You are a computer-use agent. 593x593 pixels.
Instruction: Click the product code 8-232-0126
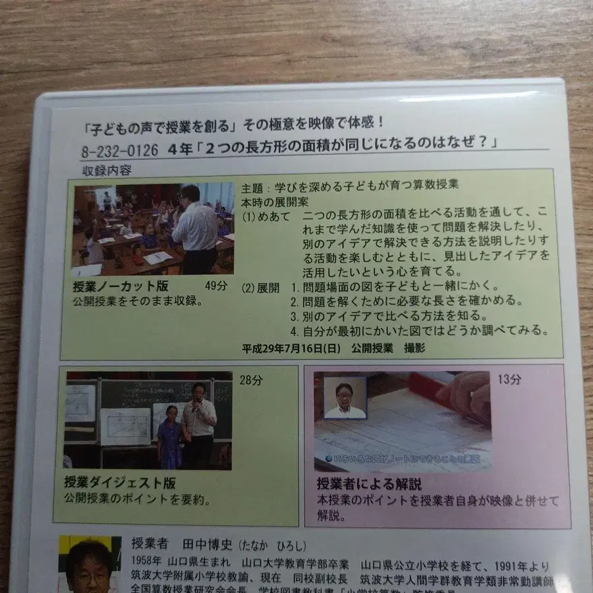119,150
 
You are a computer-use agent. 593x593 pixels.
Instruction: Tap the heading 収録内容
106,170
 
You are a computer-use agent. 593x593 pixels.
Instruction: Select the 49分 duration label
215,286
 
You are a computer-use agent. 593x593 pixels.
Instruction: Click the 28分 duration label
250,380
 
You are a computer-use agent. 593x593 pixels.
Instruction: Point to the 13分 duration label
509,379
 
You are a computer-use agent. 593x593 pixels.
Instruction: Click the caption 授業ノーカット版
122,287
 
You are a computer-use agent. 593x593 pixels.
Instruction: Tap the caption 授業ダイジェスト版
119,482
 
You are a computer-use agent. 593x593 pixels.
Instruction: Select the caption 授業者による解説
368,484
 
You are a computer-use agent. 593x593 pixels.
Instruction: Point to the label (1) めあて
265,215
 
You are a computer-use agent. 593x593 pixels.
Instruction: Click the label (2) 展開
261,287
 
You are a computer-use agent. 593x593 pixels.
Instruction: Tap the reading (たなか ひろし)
271,546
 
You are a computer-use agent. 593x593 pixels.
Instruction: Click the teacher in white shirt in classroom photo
195,231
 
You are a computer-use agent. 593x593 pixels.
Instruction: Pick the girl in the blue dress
169,438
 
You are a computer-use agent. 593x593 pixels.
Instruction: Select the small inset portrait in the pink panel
345,397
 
